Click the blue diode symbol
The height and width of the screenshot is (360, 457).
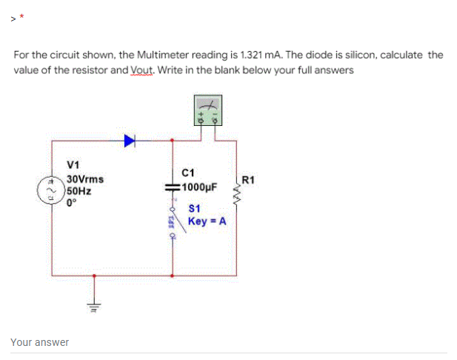click(x=130, y=139)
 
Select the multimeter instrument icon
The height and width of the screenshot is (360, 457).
click(x=206, y=111)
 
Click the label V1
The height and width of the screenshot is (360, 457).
click(x=73, y=164)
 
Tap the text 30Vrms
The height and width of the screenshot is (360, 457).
click(x=85, y=179)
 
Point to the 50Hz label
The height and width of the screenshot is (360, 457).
click(x=78, y=189)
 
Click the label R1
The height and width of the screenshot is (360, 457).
click(x=248, y=180)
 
